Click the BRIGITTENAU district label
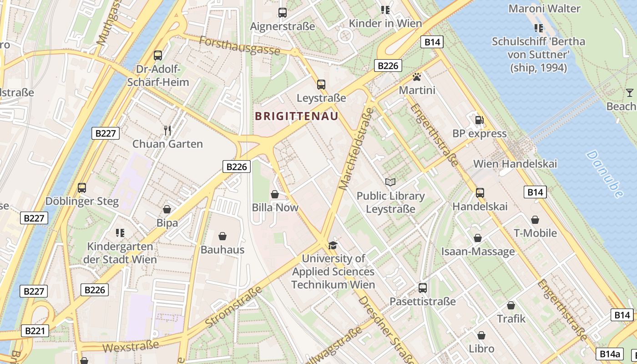[x=297, y=116]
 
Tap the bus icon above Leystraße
[x=321, y=84]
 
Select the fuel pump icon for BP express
[x=479, y=120]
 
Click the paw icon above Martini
[x=417, y=77]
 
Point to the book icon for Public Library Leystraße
[x=390, y=182]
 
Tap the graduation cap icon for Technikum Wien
[x=333, y=245]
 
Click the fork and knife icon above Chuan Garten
[x=167, y=131]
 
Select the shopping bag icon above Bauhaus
[x=222, y=236]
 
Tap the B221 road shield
[x=35, y=331]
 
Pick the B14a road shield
[x=610, y=354]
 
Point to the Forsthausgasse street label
[x=239, y=45]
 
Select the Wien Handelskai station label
[x=515, y=164]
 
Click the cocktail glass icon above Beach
[x=630, y=93]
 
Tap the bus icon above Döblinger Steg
[x=82, y=187]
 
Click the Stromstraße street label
[x=234, y=307]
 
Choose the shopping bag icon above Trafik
[x=511, y=305]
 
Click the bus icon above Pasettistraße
[x=423, y=288]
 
